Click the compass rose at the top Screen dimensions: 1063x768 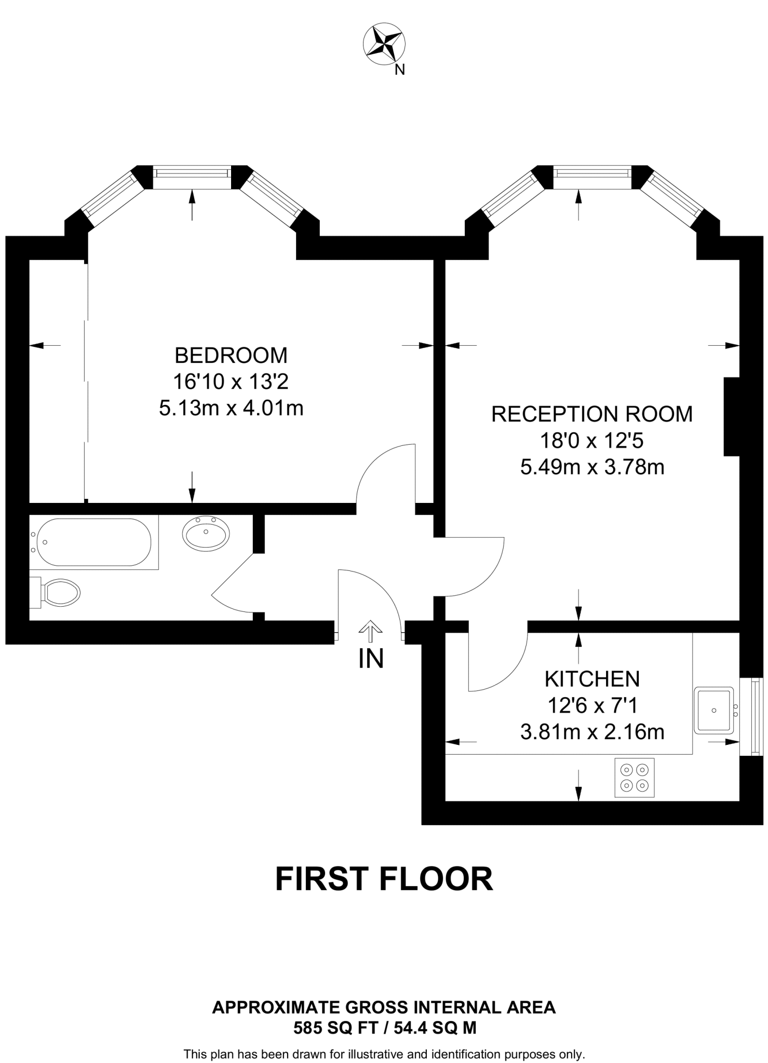[x=384, y=45]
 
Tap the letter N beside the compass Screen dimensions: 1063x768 [x=399, y=70]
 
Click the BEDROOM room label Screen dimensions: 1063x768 [x=231, y=356]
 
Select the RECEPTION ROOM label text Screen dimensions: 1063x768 [x=592, y=414]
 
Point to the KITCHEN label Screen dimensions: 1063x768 [x=592, y=679]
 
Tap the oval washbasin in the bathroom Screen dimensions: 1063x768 [x=206, y=534]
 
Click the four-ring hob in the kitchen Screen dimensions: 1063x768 [x=635, y=778]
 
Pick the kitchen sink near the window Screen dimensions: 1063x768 [x=714, y=710]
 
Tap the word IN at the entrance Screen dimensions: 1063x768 [x=371, y=659]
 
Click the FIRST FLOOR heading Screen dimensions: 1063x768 [x=384, y=879]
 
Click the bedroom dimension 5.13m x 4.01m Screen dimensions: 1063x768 [x=231, y=408]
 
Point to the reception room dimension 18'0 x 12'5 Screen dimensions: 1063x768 [x=592, y=441]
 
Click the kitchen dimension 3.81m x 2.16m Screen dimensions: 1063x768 [x=592, y=732]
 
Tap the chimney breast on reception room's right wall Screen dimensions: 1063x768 [x=731, y=417]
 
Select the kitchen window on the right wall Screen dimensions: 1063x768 [x=759, y=716]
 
